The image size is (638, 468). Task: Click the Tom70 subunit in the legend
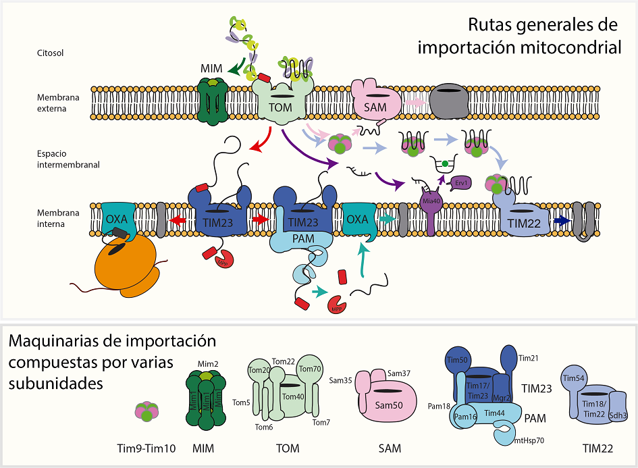(x=310, y=369)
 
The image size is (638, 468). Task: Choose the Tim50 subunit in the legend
(x=460, y=360)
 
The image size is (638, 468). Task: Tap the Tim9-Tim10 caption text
(x=146, y=448)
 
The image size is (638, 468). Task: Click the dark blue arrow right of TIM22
(x=560, y=220)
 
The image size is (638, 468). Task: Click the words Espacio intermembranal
(x=59, y=159)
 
